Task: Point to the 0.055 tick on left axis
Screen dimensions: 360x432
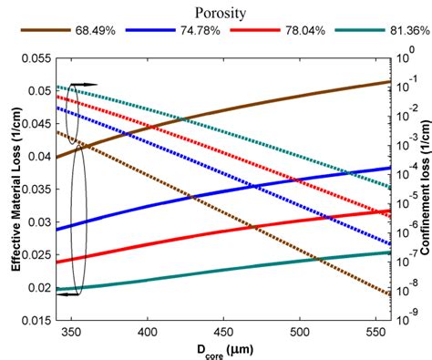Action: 36,58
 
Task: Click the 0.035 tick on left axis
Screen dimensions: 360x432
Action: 36,190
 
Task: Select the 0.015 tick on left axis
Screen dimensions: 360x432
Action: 36,321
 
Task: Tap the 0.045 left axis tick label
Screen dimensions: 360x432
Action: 36,124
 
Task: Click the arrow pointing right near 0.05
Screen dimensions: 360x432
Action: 84,84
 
